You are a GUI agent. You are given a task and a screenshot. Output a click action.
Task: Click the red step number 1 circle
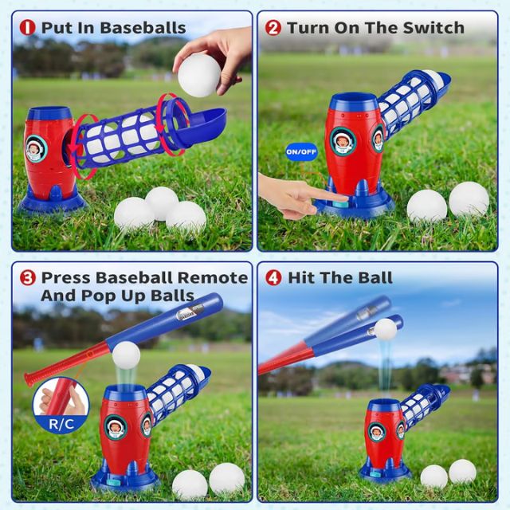28,28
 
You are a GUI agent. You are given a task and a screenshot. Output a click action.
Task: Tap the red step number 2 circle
273,28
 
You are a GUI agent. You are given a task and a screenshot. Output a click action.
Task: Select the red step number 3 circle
28,278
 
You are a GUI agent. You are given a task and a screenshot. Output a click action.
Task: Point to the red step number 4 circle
273,278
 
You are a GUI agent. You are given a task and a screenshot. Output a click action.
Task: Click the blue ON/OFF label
279,149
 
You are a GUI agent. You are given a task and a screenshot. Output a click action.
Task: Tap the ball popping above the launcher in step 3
126,355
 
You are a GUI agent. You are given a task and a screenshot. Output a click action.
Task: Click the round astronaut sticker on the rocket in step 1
36,147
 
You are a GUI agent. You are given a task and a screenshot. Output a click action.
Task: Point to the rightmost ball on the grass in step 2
469,199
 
